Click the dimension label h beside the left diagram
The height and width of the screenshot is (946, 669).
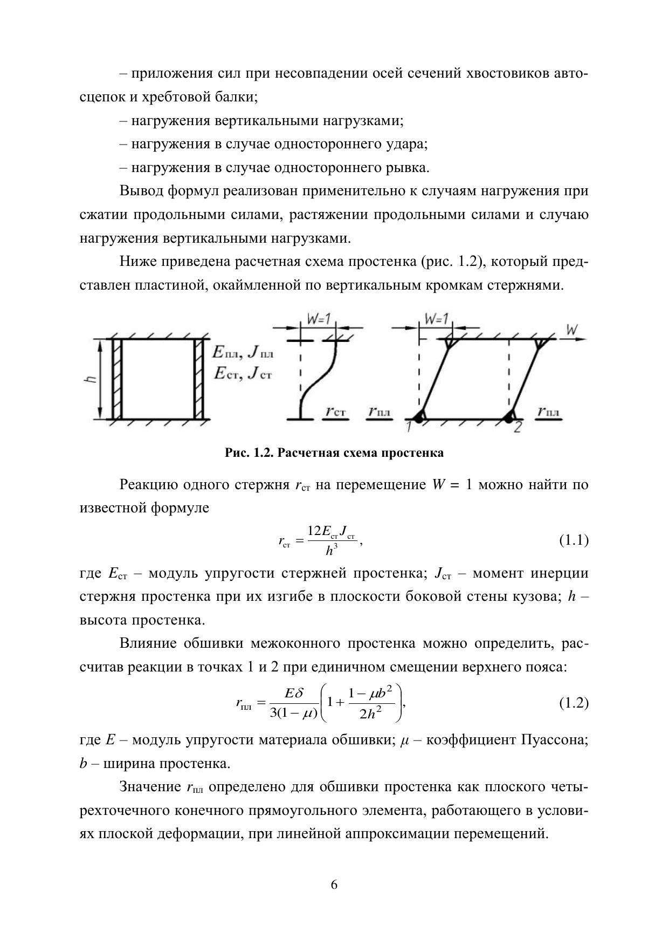click(92, 379)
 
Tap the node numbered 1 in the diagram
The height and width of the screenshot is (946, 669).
click(409, 427)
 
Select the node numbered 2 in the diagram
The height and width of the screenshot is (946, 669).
click(518, 428)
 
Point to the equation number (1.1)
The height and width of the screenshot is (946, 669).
click(574, 540)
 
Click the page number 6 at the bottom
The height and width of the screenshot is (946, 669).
click(334, 885)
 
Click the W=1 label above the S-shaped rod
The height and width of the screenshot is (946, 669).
click(319, 319)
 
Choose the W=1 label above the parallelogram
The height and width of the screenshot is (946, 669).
click(436, 319)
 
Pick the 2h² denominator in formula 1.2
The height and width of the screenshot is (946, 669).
click(370, 714)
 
